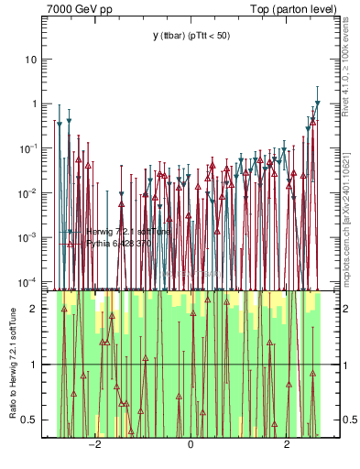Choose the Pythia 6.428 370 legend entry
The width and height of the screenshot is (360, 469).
[x=123, y=244]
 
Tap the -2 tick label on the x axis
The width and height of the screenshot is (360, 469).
[x=93, y=446]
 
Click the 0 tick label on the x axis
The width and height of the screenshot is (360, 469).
[x=191, y=446]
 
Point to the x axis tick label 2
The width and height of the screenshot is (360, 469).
[x=287, y=446]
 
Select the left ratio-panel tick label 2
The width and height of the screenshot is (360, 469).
[x=40, y=309]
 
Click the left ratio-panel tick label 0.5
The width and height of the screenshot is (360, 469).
[x=37, y=420]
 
